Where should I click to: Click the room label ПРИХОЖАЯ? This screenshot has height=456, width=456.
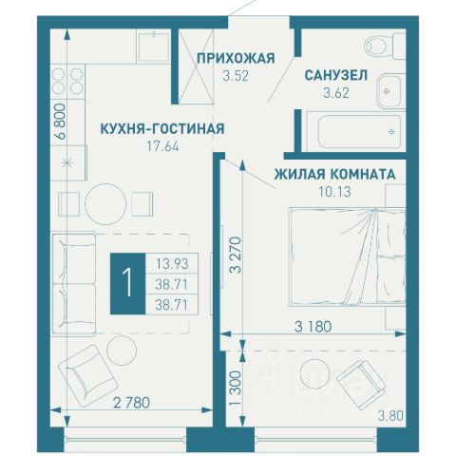point(236,59)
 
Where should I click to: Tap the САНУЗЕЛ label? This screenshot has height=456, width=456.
point(336,75)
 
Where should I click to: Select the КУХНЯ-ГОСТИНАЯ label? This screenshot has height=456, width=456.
point(162,129)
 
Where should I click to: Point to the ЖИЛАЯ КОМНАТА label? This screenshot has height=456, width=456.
point(334,175)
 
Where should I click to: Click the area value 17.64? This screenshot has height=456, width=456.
point(162,146)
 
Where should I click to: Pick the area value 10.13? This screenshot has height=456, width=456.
point(334,192)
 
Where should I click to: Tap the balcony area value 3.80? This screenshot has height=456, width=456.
point(390,416)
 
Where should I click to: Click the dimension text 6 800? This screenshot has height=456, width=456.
point(60,122)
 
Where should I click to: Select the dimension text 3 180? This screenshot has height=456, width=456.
point(313,327)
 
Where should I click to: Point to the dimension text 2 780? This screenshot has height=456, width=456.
point(131,403)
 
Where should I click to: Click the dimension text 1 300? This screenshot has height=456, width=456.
point(236,389)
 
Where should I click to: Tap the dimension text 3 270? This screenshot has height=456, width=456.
point(236,256)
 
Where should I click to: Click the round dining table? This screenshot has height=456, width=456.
point(105,204)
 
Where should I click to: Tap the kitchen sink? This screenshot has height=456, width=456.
point(154,47)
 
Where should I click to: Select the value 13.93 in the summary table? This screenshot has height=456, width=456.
point(172,263)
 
